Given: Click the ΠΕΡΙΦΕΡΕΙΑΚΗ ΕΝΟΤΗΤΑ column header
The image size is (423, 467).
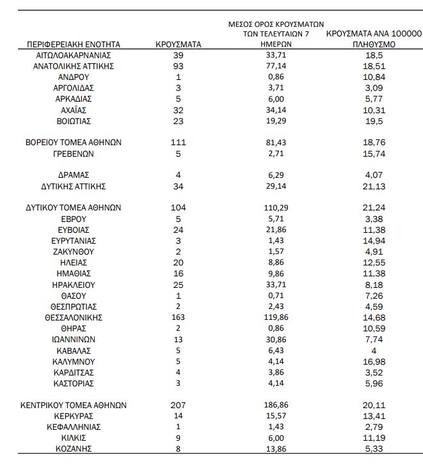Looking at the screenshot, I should (x=74, y=45).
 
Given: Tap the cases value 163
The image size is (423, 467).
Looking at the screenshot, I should (x=179, y=317).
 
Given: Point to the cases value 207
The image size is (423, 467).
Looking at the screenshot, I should (x=179, y=405).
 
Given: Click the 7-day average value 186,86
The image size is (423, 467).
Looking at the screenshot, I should (x=277, y=405).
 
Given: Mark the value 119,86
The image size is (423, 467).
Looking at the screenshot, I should (x=277, y=317).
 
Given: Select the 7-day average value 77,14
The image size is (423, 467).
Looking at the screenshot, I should (x=277, y=67).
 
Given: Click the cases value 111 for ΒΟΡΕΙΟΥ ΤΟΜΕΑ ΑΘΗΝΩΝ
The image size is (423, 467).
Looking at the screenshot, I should (x=179, y=143).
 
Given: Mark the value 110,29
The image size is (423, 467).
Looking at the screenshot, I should (x=277, y=208).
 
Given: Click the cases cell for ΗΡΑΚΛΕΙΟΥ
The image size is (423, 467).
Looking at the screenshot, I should (x=179, y=285).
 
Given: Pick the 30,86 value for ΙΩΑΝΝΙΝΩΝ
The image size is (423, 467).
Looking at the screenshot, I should (x=277, y=340).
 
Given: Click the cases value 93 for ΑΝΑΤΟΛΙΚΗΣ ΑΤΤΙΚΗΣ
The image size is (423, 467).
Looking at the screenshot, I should (x=179, y=67).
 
